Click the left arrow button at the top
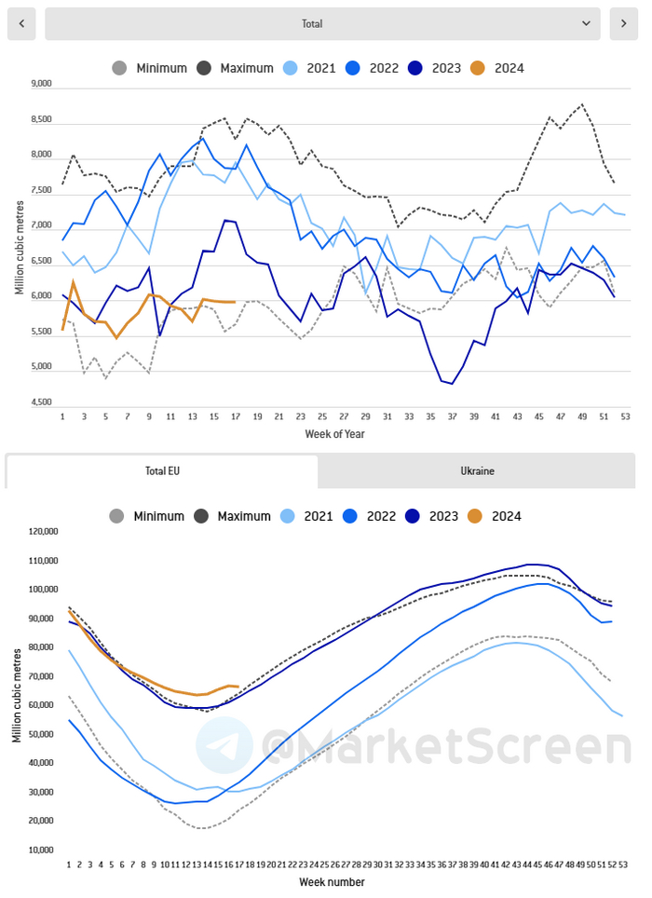tap(21, 23)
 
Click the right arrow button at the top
tap(624, 23)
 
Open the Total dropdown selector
tap(322, 23)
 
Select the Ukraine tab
tap(477, 471)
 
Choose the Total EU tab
tap(162, 471)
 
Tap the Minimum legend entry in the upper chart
tap(149, 68)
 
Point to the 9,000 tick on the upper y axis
tap(41, 84)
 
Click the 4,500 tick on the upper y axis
tap(41, 402)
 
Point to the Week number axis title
tap(332, 881)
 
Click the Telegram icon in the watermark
tap(224, 745)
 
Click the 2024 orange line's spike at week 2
tap(73, 281)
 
